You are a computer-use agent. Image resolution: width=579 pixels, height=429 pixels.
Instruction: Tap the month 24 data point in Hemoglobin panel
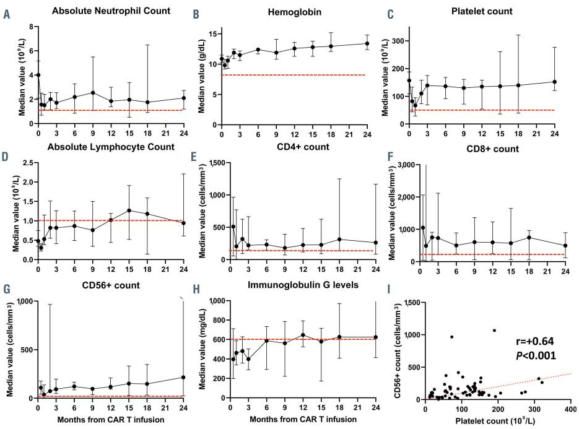[367, 43]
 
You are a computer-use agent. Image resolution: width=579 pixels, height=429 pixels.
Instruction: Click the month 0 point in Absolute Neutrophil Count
[38, 75]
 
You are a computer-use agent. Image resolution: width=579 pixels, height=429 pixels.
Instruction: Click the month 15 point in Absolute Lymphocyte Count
[129, 210]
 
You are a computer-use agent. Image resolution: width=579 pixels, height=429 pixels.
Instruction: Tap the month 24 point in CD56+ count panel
[184, 377]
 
